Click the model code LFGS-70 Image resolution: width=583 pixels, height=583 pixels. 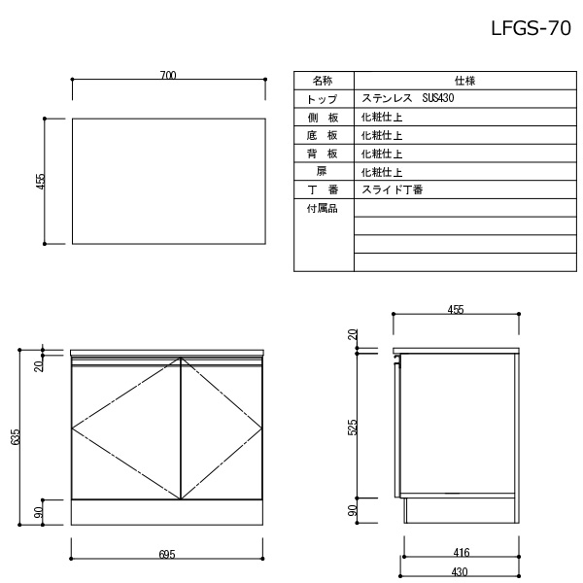[x=531, y=28]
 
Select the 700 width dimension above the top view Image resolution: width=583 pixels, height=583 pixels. [x=168, y=76]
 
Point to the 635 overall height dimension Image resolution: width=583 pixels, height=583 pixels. [x=16, y=437]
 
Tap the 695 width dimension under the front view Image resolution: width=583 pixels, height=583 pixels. [x=167, y=555]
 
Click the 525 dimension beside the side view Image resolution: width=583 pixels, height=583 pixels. [x=353, y=428]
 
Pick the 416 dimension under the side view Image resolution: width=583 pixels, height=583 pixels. [x=462, y=553]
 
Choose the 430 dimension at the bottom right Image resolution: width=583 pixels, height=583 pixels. [x=460, y=572]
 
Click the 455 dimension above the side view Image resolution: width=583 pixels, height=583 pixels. [x=456, y=310]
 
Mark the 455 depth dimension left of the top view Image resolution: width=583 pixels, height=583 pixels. [x=41, y=182]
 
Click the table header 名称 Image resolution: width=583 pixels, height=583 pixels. [x=323, y=81]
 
